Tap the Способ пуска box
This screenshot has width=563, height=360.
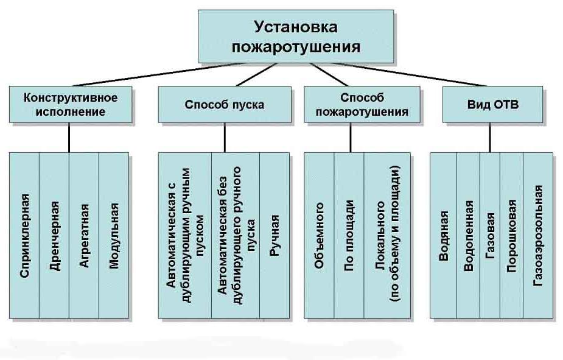pos(224,105)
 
